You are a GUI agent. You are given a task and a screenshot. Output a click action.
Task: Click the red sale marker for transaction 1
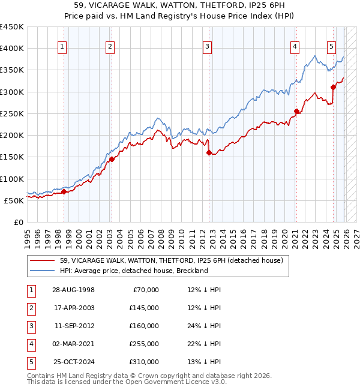point(64,192)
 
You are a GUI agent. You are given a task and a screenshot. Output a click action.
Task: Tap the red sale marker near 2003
point(112,160)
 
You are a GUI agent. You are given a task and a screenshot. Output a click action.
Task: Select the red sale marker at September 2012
point(209,153)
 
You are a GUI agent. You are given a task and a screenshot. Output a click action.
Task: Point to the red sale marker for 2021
point(296,111)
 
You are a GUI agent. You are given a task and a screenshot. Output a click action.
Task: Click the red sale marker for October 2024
point(333,88)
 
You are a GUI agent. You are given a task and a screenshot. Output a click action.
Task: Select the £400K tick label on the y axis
point(12,49)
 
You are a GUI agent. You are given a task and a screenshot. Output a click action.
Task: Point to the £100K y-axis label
point(12,179)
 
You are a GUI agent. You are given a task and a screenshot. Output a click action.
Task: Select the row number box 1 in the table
point(30,290)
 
